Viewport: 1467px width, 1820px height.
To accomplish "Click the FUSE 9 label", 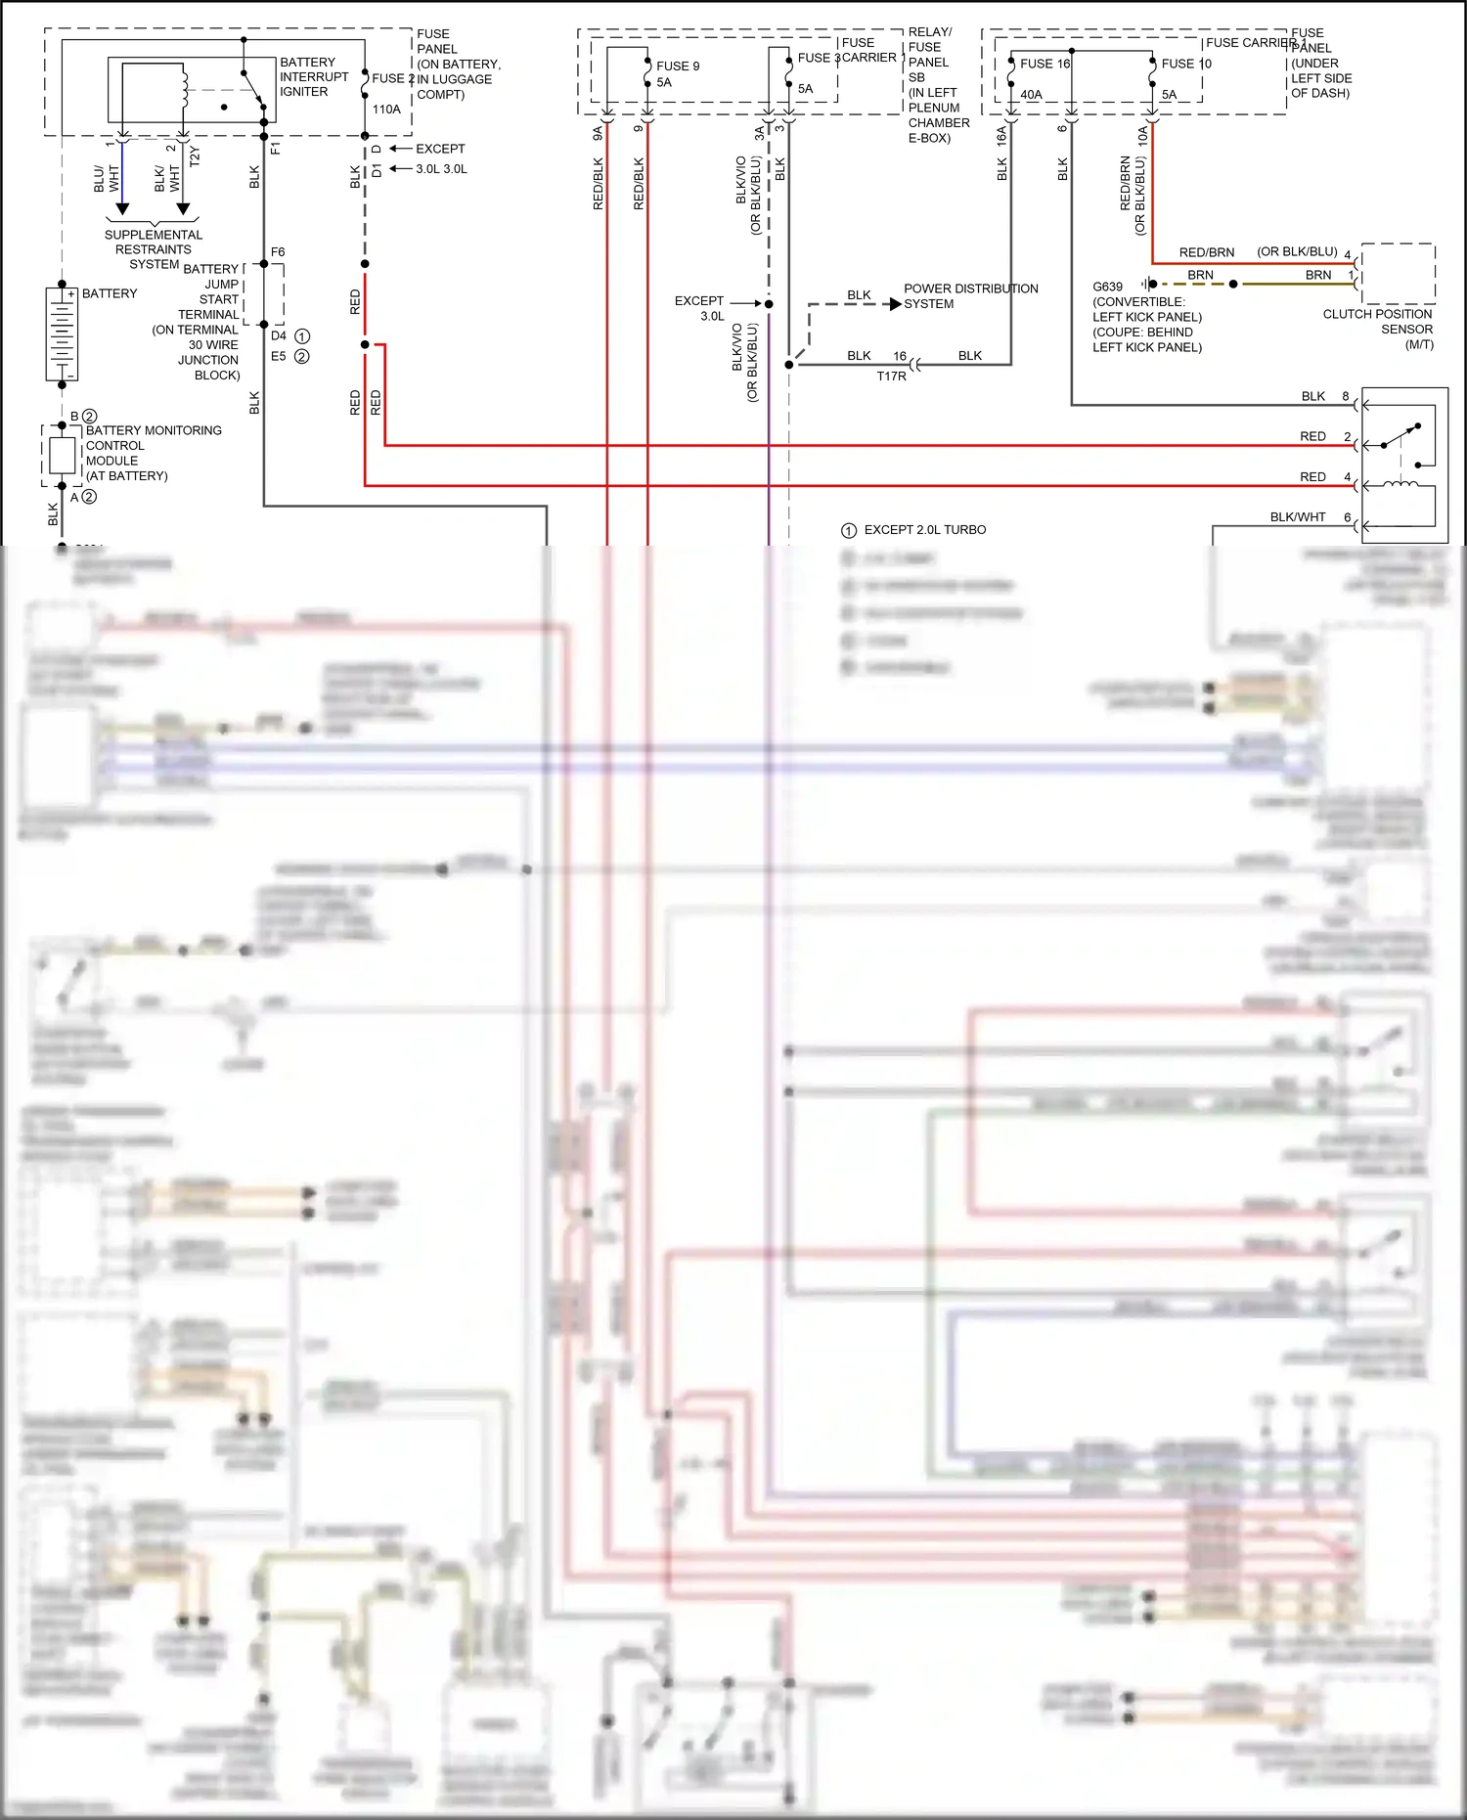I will pyautogui.click(x=678, y=67).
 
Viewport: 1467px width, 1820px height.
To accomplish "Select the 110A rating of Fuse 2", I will pyautogui.click(x=386, y=110).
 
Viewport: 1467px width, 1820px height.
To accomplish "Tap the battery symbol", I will pyautogui.click(x=62, y=334).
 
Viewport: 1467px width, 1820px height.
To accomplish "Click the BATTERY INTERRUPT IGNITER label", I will pyautogui.click(x=313, y=76).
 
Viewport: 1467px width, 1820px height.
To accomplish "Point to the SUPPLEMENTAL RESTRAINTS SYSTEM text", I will pyautogui.click(x=153, y=249).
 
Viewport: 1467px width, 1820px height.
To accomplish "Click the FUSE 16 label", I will pyautogui.click(x=1045, y=64).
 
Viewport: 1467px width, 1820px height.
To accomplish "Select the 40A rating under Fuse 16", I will pyautogui.click(x=1031, y=95).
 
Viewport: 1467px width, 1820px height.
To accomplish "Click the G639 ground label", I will pyautogui.click(x=1107, y=287).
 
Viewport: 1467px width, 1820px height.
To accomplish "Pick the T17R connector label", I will pyautogui.click(x=891, y=377).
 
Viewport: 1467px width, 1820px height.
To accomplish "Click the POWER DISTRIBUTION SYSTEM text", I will pyautogui.click(x=969, y=296).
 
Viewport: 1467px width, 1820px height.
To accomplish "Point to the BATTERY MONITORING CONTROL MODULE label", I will pyautogui.click(x=153, y=453).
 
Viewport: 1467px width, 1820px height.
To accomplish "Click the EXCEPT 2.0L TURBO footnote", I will pyautogui.click(x=924, y=530).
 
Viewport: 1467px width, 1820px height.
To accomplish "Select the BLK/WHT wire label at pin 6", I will pyautogui.click(x=1297, y=517).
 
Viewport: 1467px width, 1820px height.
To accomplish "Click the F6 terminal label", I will pyautogui.click(x=278, y=252).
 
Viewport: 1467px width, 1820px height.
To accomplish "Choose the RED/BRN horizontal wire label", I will pyautogui.click(x=1206, y=252).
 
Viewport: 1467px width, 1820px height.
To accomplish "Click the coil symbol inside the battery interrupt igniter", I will pyautogui.click(x=184, y=86).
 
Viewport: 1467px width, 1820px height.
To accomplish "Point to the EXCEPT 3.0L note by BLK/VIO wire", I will pyautogui.click(x=699, y=308).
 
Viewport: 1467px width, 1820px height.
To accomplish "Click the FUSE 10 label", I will pyautogui.click(x=1185, y=64).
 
